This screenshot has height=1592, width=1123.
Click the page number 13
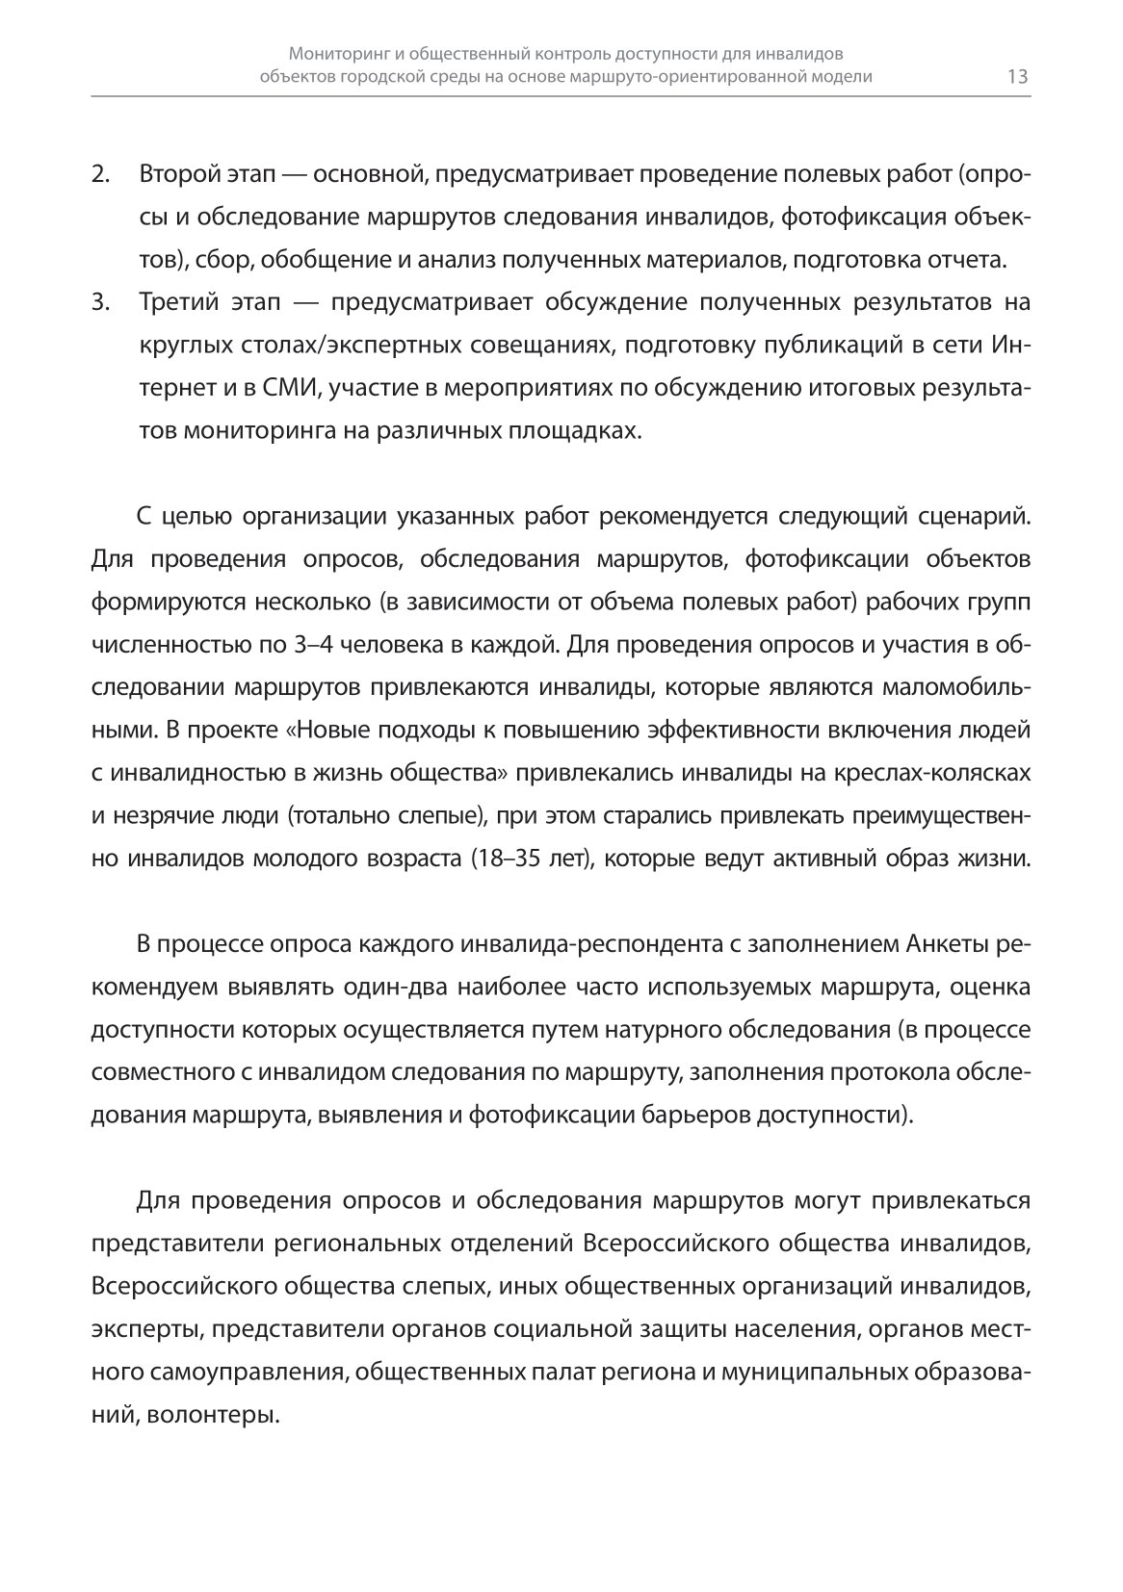(x=1017, y=77)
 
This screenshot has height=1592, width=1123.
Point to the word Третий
(x=176, y=302)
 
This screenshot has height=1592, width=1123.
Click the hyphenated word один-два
(x=397, y=987)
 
